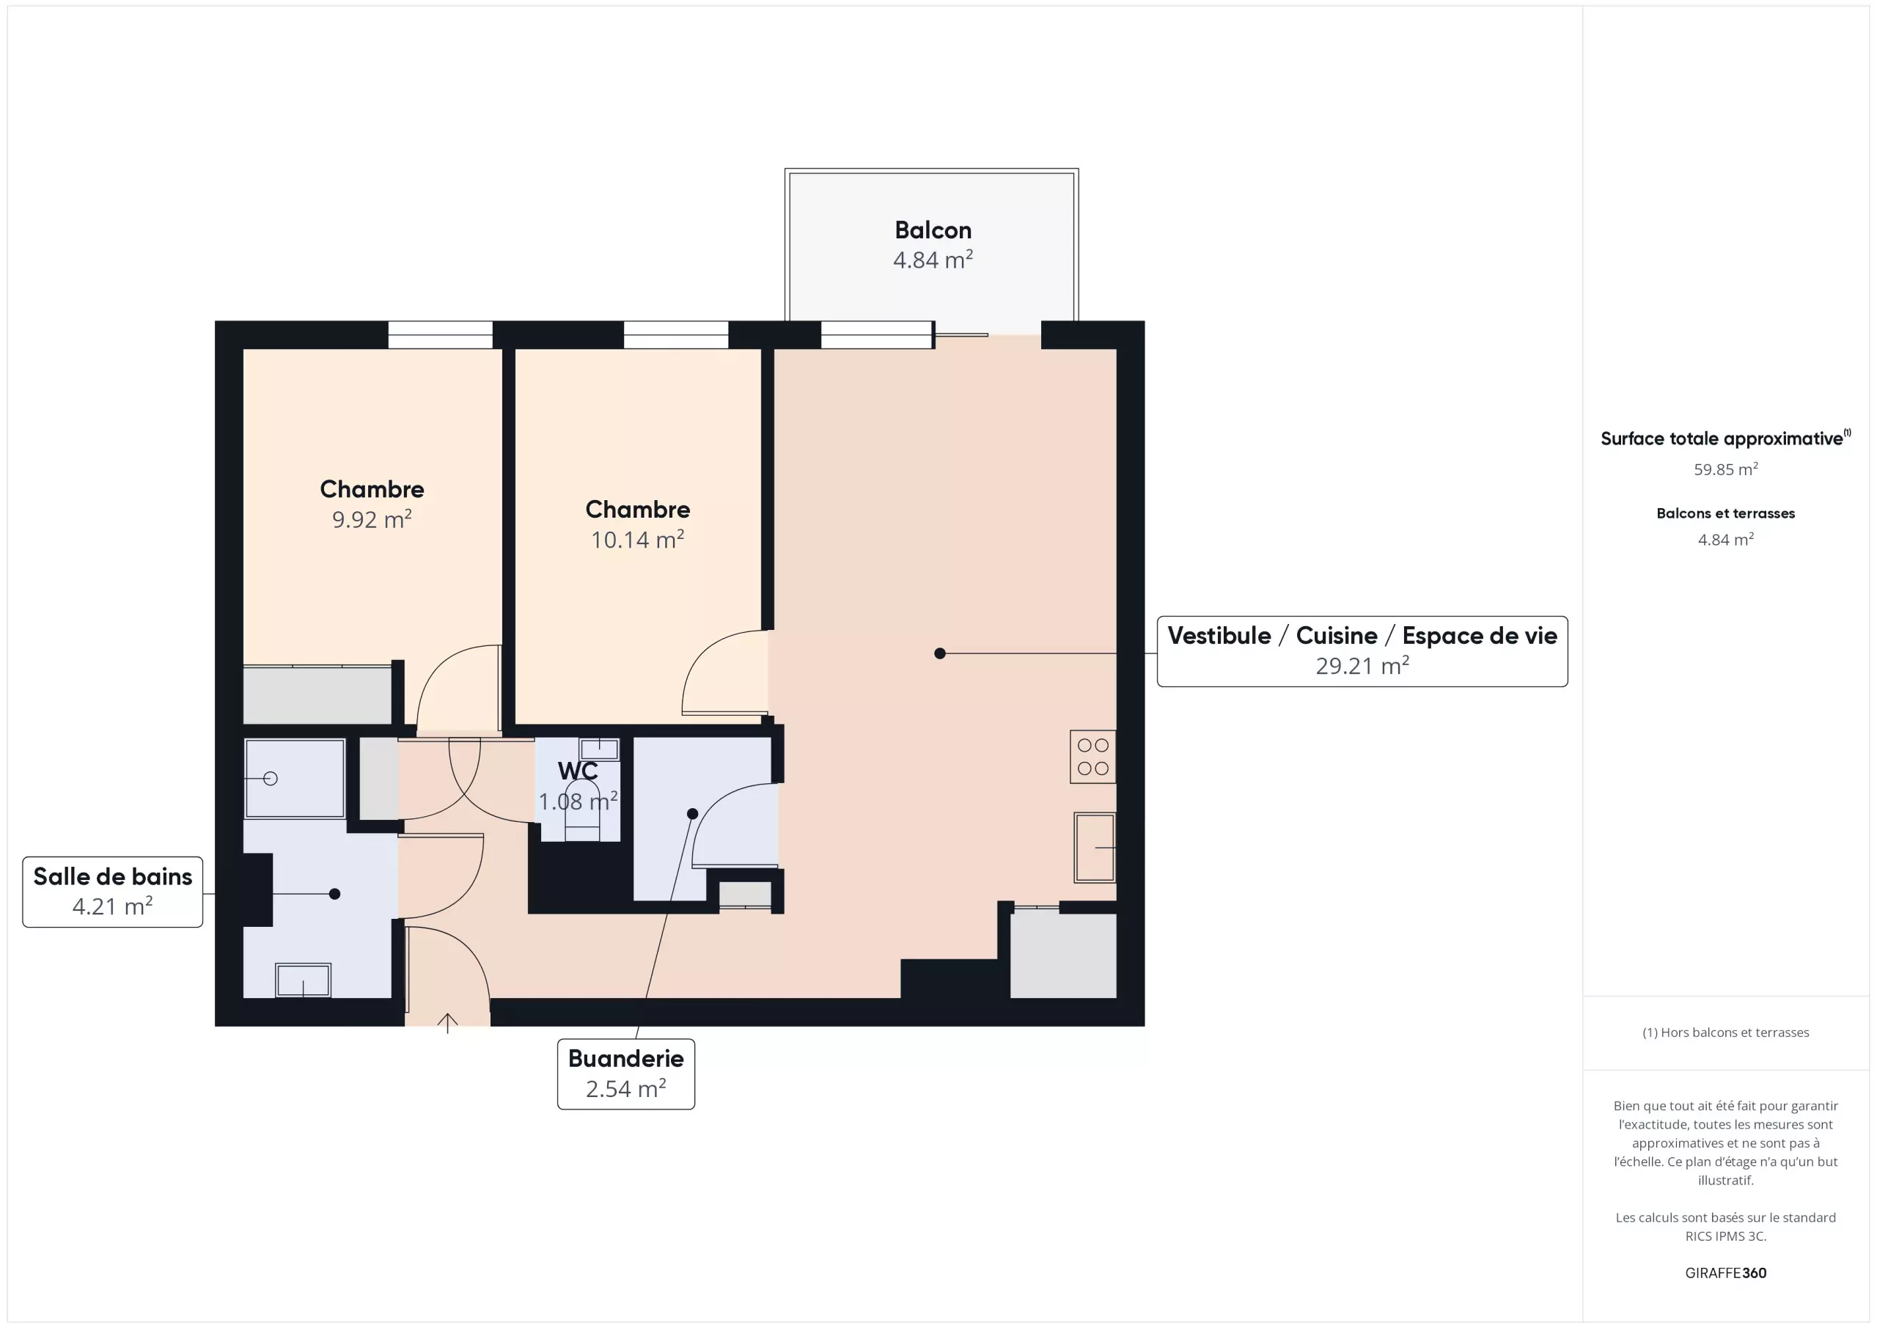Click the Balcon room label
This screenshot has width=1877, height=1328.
(933, 230)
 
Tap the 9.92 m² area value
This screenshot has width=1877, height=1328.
(372, 519)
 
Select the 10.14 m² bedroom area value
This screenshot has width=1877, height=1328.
(638, 540)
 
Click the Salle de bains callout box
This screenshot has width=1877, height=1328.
(113, 892)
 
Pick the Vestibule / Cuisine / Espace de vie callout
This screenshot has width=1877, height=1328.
(1363, 651)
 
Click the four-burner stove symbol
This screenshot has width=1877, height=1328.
(1093, 757)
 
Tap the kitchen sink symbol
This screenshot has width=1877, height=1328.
(1095, 847)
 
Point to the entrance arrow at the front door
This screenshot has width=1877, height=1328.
(447, 1023)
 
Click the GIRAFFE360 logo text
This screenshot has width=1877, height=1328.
(1726, 1272)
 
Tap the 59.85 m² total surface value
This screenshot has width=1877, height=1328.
(1726, 469)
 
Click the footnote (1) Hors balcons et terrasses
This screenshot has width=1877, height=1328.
(1726, 1032)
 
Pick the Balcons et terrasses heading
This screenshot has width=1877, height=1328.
(1726, 513)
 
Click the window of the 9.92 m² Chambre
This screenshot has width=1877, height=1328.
(441, 334)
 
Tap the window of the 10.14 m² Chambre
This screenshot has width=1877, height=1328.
(676, 334)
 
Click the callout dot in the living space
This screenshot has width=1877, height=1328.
(940, 653)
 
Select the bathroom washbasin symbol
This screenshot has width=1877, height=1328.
(304, 980)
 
